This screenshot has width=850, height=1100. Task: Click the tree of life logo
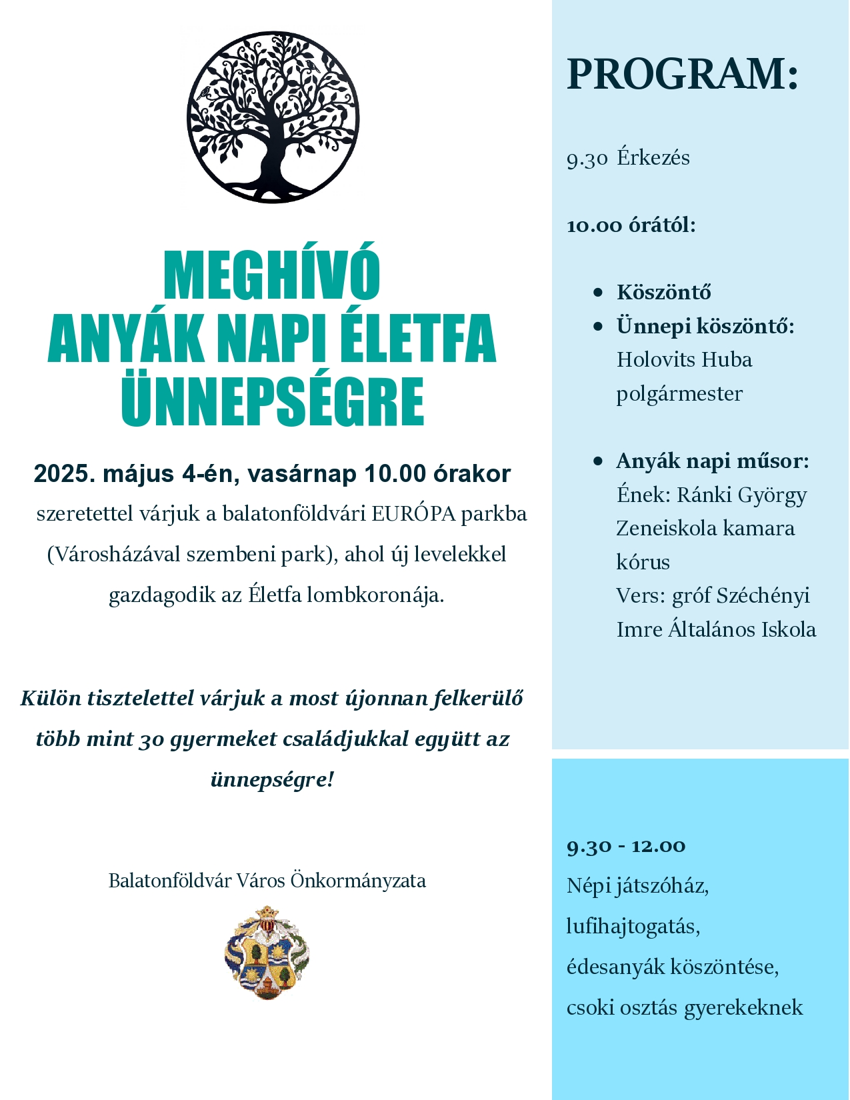(x=273, y=117)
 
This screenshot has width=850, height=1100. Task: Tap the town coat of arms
(x=267, y=952)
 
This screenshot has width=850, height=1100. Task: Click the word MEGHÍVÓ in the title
(x=271, y=276)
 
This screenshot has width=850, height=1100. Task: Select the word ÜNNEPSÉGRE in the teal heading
(x=273, y=401)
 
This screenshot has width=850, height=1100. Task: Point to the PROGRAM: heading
(x=682, y=73)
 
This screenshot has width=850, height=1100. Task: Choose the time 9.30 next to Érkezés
(x=587, y=159)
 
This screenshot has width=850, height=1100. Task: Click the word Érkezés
(x=653, y=158)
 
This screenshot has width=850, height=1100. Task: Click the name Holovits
(x=656, y=360)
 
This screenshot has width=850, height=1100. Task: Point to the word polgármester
(x=679, y=394)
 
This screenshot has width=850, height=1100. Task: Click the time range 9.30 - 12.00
(x=626, y=846)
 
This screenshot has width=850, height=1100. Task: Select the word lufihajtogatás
(x=633, y=927)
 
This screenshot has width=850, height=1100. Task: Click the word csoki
(x=590, y=1007)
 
